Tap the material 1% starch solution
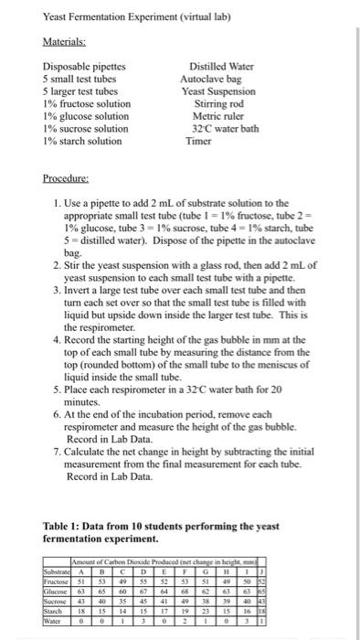coord(82,141)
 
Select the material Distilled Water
coord(217,67)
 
